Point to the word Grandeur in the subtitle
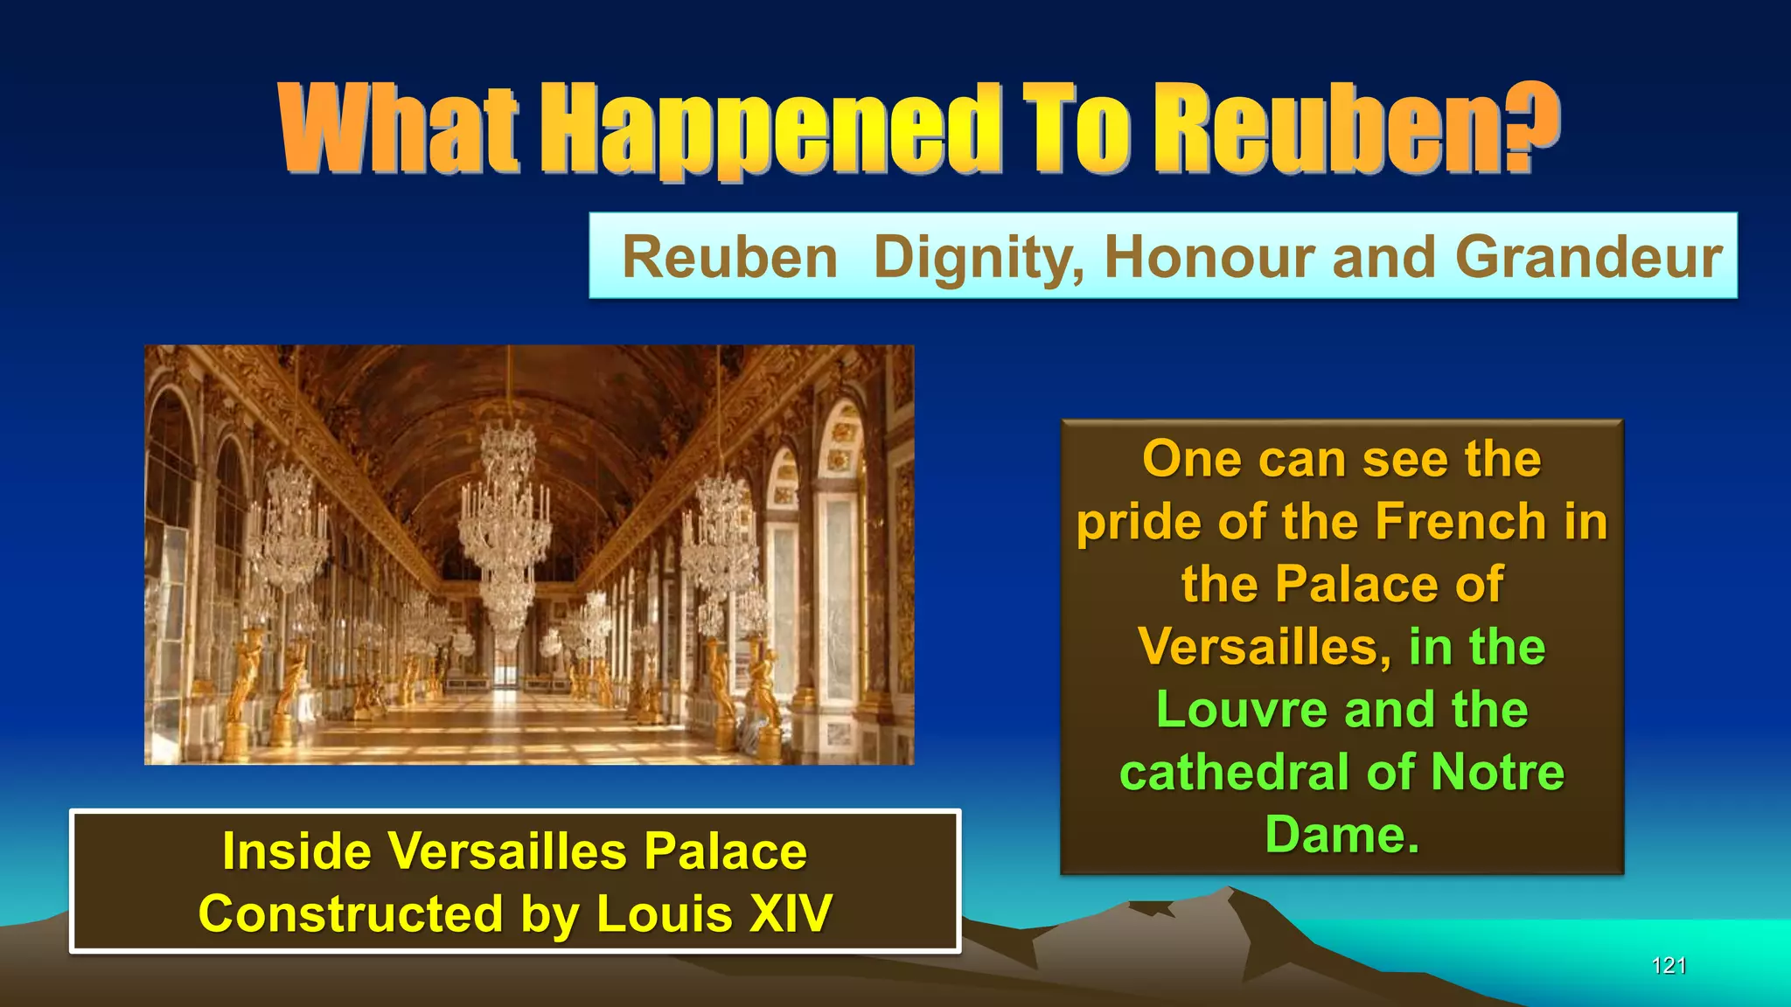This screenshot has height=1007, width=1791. (x=1588, y=258)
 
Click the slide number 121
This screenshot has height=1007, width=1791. (x=1669, y=966)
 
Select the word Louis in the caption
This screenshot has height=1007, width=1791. (x=664, y=914)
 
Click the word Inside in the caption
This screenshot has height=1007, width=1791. (x=296, y=851)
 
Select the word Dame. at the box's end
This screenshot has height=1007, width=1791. (x=1342, y=835)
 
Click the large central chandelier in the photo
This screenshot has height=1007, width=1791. (x=506, y=507)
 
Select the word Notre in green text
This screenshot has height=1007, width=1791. (x=1497, y=773)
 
